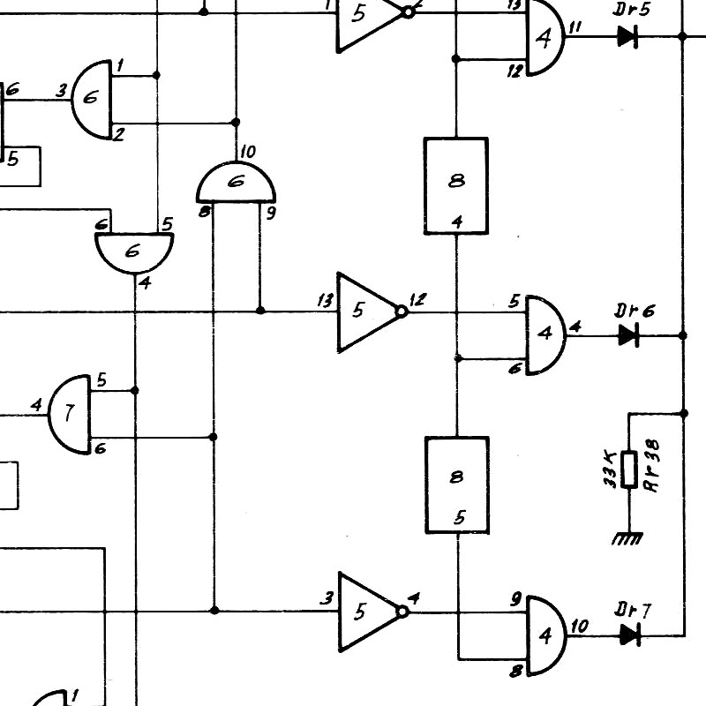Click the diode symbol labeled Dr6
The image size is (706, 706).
click(629, 335)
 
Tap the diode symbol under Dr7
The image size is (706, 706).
click(630, 635)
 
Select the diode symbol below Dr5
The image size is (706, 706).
click(627, 36)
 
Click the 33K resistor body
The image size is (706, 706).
click(629, 469)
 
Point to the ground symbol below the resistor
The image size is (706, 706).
click(627, 538)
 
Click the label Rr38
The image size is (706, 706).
click(652, 466)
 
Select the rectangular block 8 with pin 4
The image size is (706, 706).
click(456, 186)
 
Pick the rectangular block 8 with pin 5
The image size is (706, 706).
click(457, 485)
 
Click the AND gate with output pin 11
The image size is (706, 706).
click(545, 37)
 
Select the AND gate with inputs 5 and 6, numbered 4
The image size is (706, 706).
click(546, 335)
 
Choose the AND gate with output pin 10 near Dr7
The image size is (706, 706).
click(546, 635)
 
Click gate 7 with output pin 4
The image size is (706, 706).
click(70, 414)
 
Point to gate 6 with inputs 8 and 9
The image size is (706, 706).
click(236, 182)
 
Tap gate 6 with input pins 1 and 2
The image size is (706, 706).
click(92, 99)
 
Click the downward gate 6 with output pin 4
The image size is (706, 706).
click(134, 253)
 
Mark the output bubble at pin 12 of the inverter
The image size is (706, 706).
click(402, 312)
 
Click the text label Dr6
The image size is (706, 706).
click(635, 311)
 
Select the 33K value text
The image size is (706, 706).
click(610, 469)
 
